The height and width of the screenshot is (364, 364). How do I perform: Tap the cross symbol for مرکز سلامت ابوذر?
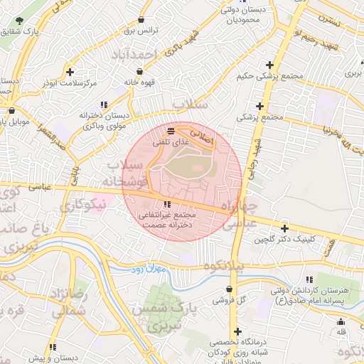pyautogui.click(x=70, y=72)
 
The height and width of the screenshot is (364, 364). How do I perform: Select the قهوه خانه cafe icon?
pyautogui.click(x=139, y=71)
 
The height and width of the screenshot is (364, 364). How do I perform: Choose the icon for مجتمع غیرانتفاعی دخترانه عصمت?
pyautogui.click(x=167, y=205)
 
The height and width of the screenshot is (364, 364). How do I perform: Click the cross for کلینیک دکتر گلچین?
pyautogui.click(x=285, y=228)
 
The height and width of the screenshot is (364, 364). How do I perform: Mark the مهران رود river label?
pyautogui.click(x=148, y=269)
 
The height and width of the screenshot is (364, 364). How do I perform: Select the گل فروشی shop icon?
pyautogui.click(x=229, y=289)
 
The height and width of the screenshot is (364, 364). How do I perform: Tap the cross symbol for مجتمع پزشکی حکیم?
pyautogui.click(x=269, y=65)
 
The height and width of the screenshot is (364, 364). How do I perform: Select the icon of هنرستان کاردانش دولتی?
pyautogui.click(x=309, y=279)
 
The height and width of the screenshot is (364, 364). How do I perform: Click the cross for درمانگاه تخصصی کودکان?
pyautogui.click(x=237, y=331)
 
